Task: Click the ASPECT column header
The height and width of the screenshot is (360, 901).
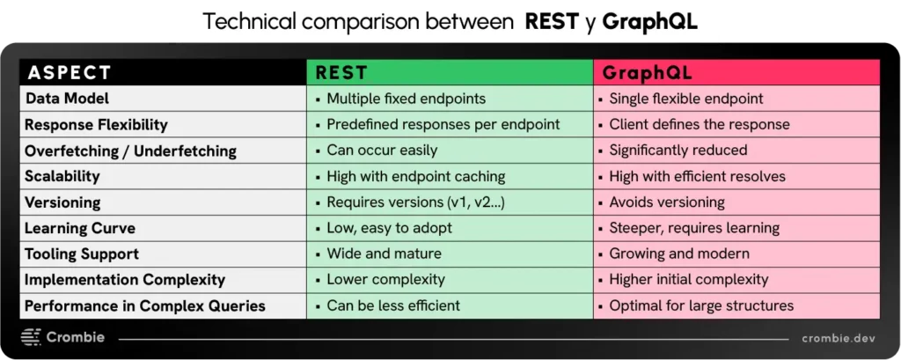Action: (69, 72)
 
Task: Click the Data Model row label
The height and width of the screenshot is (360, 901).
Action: (67, 99)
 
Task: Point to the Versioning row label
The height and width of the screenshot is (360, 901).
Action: (62, 202)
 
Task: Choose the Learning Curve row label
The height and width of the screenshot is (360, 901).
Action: (80, 228)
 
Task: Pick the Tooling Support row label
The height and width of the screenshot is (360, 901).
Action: (82, 254)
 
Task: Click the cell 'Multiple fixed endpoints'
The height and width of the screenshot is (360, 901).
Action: (406, 99)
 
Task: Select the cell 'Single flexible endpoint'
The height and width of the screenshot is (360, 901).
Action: (685, 99)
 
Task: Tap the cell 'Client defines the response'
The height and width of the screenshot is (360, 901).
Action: (699, 124)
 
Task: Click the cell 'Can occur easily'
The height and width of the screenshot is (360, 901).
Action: (382, 151)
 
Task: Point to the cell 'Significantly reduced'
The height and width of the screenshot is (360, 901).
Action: (678, 151)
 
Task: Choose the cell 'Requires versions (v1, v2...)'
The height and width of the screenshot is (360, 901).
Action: (416, 202)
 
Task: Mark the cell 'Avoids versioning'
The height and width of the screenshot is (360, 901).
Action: (666, 202)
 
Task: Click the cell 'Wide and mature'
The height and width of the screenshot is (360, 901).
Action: (384, 254)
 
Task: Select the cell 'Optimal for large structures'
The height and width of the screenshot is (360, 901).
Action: (700, 306)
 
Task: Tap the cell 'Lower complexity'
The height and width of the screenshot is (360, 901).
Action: (385, 280)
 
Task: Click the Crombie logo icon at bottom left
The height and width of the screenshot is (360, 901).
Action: (31, 338)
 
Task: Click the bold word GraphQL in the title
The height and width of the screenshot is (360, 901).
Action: (650, 22)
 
